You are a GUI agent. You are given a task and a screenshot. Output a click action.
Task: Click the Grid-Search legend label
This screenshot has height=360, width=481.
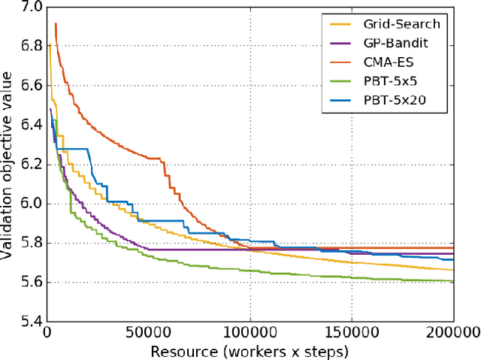(408, 24)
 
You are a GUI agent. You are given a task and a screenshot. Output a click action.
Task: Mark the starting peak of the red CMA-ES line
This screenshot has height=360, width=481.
(56, 24)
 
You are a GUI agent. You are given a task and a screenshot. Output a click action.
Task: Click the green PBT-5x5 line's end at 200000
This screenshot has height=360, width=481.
(452, 281)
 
